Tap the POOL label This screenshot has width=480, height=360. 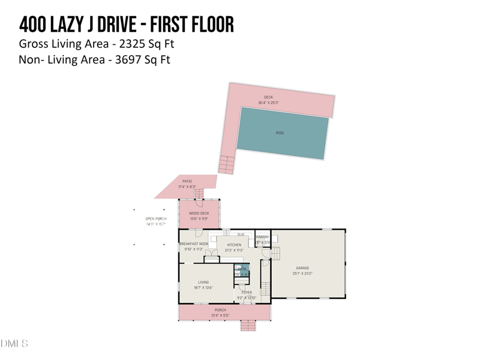pos(280,133)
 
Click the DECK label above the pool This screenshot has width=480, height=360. pos(268,97)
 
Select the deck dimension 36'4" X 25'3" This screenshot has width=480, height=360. pos(268,103)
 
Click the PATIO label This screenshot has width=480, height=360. pos(187,181)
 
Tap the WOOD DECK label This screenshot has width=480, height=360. pos(199,213)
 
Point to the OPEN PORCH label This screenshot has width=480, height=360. pos(156,218)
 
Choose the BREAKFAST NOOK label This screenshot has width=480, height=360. pos(194,244)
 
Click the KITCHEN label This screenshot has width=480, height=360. pos(234,245)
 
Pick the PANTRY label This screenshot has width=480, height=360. pos(263,237)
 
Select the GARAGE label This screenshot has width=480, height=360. pos(302,268)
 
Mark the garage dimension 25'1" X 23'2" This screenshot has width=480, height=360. pos(302,274)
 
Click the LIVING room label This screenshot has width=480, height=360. pos(204,282)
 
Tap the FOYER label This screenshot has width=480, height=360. pos(247,292)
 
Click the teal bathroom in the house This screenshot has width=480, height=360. pos(241,271)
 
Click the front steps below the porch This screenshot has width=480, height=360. pos(248,326)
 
